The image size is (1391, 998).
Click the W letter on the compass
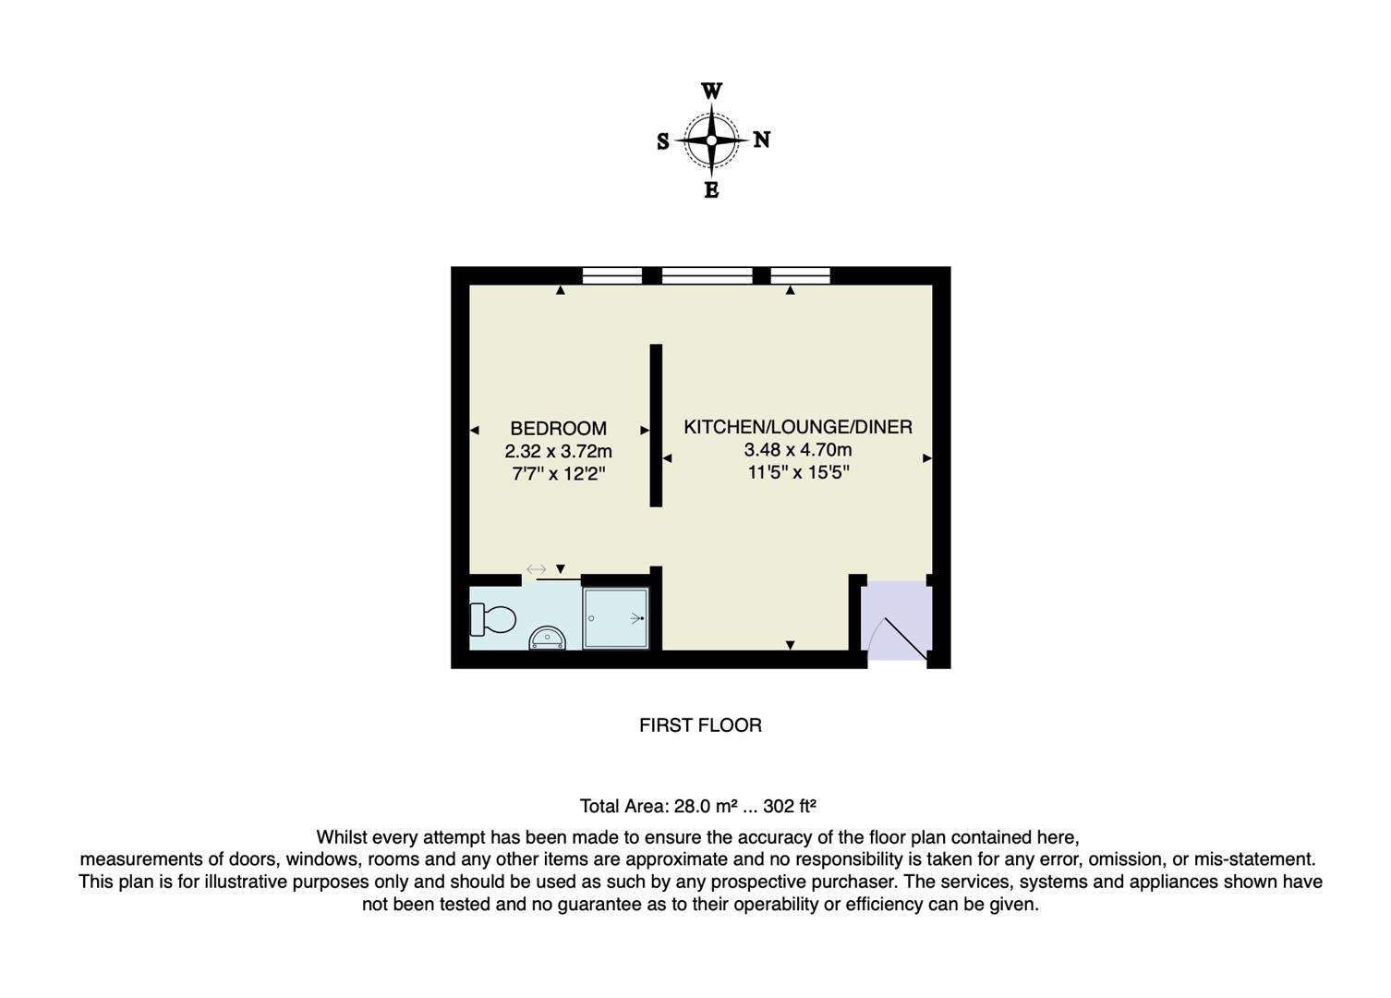pos(711,91)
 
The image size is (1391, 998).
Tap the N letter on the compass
pos(761,140)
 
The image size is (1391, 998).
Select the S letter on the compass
pos(662,141)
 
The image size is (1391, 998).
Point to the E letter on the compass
pos(711,190)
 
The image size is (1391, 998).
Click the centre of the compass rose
pos(711,140)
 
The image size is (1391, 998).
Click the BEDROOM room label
pos(558,429)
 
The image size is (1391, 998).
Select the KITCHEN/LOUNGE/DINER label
pos(797,427)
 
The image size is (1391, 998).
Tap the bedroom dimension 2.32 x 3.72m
pos(558,452)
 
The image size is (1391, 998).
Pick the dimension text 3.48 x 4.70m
pos(797,450)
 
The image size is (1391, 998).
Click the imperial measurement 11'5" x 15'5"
pos(797,473)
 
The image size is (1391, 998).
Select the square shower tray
pos(616,617)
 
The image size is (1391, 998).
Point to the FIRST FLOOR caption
pos(700,725)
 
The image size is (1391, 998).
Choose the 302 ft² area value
pos(790,806)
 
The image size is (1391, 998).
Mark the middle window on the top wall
pos(707,274)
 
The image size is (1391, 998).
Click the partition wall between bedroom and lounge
pos(656,425)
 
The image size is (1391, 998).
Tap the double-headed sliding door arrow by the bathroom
pos(536,569)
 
